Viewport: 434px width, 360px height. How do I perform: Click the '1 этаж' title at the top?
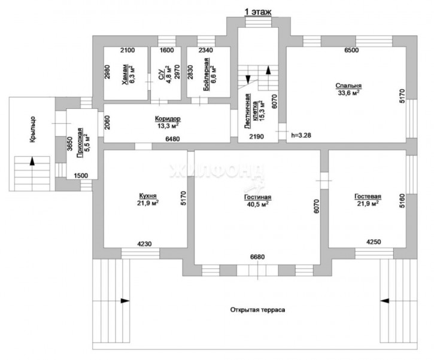pyautogui.click(x=257, y=12)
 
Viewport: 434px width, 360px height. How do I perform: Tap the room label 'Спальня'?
pyautogui.click(x=348, y=86)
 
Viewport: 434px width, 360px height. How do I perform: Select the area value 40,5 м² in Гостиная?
pyautogui.click(x=257, y=205)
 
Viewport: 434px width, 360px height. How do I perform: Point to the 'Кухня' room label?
pyautogui.click(x=147, y=196)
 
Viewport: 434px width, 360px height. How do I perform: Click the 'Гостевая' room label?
pyautogui.click(x=368, y=196)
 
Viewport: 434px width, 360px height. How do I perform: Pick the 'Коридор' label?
pyautogui.click(x=168, y=119)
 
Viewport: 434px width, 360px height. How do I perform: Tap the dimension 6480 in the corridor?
pyautogui.click(x=172, y=139)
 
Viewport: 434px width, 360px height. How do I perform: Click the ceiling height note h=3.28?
pyautogui.click(x=302, y=136)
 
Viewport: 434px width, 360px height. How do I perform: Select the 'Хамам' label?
pyautogui.click(x=126, y=75)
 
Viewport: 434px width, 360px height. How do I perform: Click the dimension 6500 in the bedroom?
pyautogui.click(x=351, y=50)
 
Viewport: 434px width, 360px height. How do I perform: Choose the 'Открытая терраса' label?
pyautogui.click(x=257, y=310)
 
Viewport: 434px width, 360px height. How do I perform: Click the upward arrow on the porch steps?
pyautogui.click(x=32, y=161)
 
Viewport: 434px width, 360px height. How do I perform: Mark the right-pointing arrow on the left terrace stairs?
pyautogui.click(x=125, y=301)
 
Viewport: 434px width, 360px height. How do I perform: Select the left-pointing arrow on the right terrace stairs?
pyautogui.click(x=385, y=301)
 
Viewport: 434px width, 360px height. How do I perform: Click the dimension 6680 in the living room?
pyautogui.click(x=257, y=257)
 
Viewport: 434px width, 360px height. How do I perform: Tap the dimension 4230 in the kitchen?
pyautogui.click(x=144, y=244)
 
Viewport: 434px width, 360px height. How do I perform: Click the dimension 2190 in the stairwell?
pyautogui.click(x=257, y=136)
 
